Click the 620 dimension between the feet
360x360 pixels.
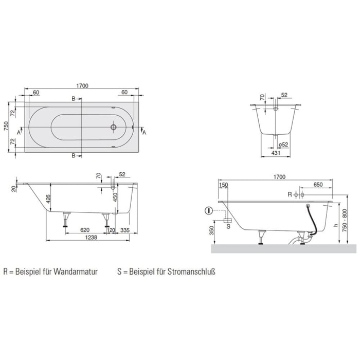click(85, 230)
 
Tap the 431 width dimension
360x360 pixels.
click(275, 154)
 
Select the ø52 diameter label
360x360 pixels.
click(283, 145)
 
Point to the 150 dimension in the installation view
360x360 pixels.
click(223, 185)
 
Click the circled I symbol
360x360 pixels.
click(208, 210)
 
